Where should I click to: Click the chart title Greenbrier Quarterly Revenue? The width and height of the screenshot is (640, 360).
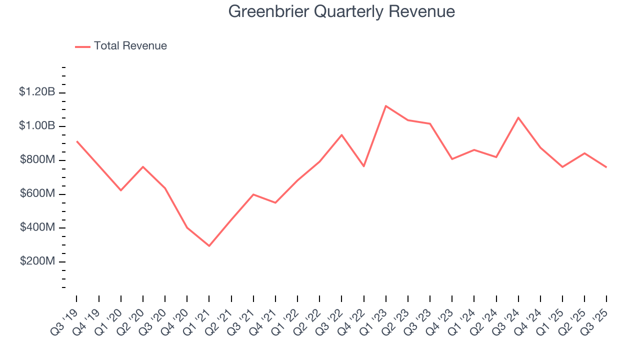[341, 11]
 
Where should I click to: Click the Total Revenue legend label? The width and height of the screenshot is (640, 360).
[130, 46]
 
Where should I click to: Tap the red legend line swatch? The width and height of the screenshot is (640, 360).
[82, 46]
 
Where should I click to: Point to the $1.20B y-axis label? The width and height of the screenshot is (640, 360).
[37, 92]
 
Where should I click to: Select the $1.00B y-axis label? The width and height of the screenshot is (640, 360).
[37, 126]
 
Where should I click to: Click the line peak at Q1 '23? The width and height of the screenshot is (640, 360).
[386, 106]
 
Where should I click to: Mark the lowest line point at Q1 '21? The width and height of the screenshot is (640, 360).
[209, 246]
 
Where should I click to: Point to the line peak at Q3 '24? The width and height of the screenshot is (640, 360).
[518, 117]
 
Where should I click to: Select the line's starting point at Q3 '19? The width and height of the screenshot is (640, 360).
[76, 141]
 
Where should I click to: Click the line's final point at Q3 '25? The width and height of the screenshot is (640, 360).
[606, 167]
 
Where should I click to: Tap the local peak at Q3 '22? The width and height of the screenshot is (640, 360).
[341, 135]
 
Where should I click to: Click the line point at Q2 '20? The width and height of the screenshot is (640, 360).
[143, 166]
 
